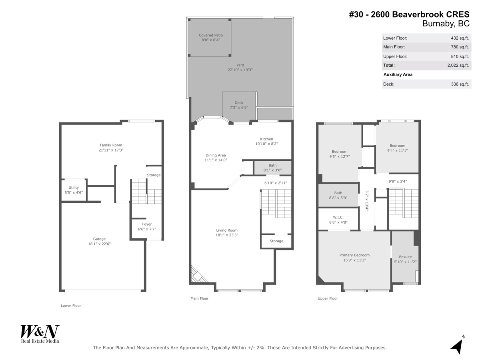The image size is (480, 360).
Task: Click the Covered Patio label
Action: (210, 35)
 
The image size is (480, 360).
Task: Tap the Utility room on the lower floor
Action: (74, 190)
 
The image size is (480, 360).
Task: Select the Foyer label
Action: (147, 224)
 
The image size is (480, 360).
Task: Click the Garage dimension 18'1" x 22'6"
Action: (99, 244)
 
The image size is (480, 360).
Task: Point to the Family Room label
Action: (111, 145)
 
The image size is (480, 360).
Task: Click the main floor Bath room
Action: (272, 168)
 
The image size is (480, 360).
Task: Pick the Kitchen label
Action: (266, 139)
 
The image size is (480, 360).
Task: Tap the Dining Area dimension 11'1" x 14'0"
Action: (216, 160)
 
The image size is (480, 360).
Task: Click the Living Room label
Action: (227, 230)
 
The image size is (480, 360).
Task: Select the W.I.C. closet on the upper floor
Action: (338, 219)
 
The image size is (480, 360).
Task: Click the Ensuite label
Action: (405, 257)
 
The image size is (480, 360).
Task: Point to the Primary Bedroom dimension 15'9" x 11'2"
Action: (354, 260)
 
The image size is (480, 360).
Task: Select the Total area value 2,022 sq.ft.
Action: (458, 65)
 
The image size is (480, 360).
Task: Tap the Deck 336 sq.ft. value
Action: (460, 84)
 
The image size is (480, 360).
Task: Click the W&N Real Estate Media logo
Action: (40, 334)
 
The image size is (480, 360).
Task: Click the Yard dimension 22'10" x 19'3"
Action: (240, 70)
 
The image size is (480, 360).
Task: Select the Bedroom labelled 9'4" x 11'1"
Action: (397, 148)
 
